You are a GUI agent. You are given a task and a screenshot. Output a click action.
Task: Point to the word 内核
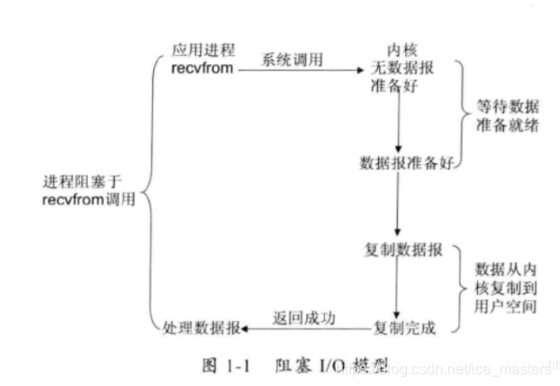pyautogui.click(x=399, y=48)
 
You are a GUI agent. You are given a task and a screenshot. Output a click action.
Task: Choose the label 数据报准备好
pyautogui.click(x=399, y=160)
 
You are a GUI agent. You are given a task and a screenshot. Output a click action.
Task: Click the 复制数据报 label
pyautogui.click(x=399, y=251)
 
